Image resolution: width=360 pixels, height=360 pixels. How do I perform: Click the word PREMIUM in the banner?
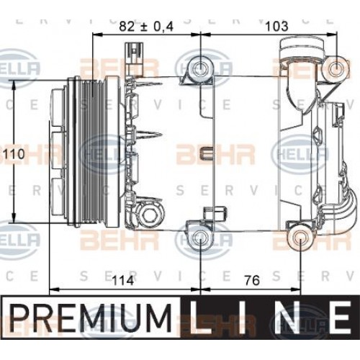pos(94,316)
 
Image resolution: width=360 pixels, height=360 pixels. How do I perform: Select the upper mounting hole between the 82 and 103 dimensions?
pos(200,70)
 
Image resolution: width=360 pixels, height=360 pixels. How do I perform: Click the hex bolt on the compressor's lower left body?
pos(150,216)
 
